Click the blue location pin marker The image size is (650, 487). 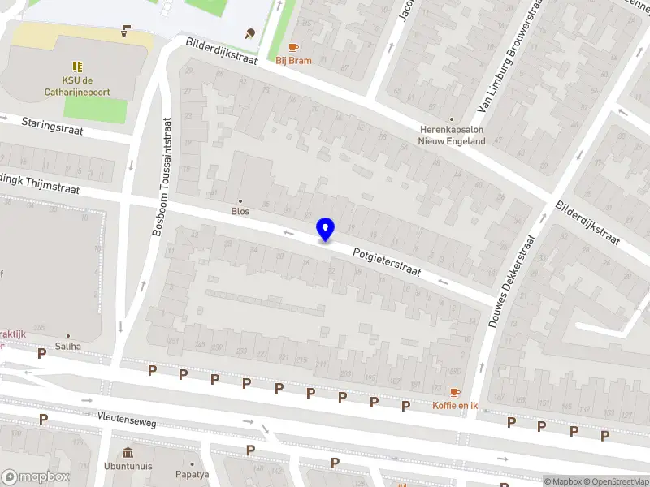pos(325,229)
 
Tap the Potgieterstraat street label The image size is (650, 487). pos(387,262)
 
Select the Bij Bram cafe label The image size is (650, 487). pos(293,60)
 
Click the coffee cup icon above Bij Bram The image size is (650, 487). pos(293,47)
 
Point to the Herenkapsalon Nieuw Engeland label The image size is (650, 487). pos(453,135)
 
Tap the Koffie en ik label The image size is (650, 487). pos(455,405)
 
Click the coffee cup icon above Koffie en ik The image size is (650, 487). pos(455,392)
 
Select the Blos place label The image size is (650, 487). pos(240,211)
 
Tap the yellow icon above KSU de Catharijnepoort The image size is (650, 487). pos(77,66)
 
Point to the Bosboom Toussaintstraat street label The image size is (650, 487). pos(162,176)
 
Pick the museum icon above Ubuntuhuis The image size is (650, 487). pos(128,452)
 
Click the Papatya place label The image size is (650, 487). pos(192,474)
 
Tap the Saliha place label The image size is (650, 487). pos(68,346)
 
